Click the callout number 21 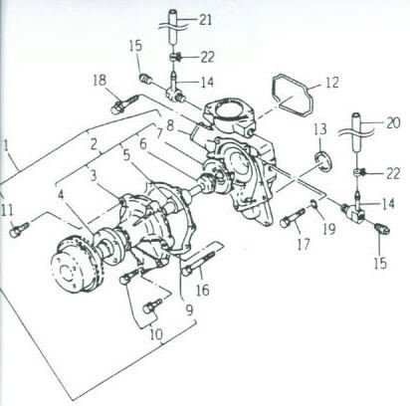pyautogui.click(x=206, y=20)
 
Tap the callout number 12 pyautogui.click(x=332, y=83)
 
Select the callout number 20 pyautogui.click(x=393, y=123)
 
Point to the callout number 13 pyautogui.click(x=320, y=129)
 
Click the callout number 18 pyautogui.click(x=100, y=81)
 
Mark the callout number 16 pyautogui.click(x=203, y=291)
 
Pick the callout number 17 pyautogui.click(x=304, y=245)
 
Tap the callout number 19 pyautogui.click(x=329, y=229)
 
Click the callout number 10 pyautogui.click(x=156, y=334)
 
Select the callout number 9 pyautogui.click(x=189, y=310)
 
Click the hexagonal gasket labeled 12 pyautogui.click(x=294, y=96)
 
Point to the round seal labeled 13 pyautogui.click(x=322, y=161)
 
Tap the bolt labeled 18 pyautogui.click(x=126, y=102)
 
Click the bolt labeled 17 pyautogui.click(x=293, y=218)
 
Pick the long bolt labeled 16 pyautogui.click(x=199, y=262)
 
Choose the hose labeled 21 pyautogui.click(x=174, y=28)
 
